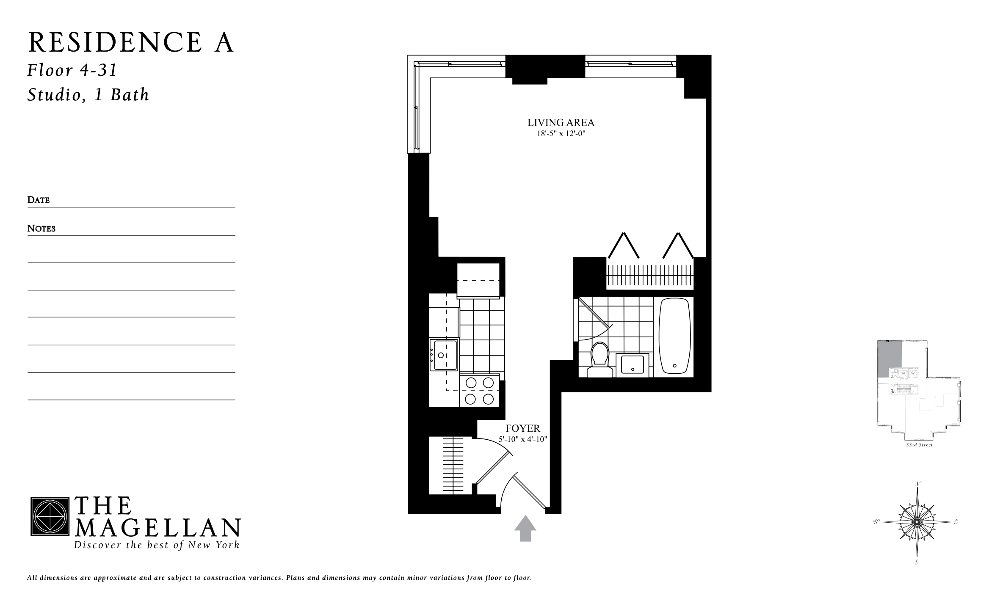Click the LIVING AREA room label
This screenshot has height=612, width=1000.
(x=561, y=123)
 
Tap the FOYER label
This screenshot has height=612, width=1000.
(x=523, y=428)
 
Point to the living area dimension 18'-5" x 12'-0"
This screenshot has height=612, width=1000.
(x=561, y=134)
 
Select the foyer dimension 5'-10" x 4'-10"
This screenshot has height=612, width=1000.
(x=523, y=439)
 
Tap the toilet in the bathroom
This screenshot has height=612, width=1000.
(x=599, y=359)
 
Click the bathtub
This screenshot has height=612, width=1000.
(x=675, y=336)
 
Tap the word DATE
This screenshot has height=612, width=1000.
(x=39, y=200)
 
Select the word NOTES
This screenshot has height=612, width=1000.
(x=41, y=229)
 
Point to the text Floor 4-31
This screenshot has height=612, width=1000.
(x=72, y=70)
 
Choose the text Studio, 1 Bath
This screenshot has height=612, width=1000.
(x=88, y=95)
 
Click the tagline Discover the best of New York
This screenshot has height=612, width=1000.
(x=157, y=545)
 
